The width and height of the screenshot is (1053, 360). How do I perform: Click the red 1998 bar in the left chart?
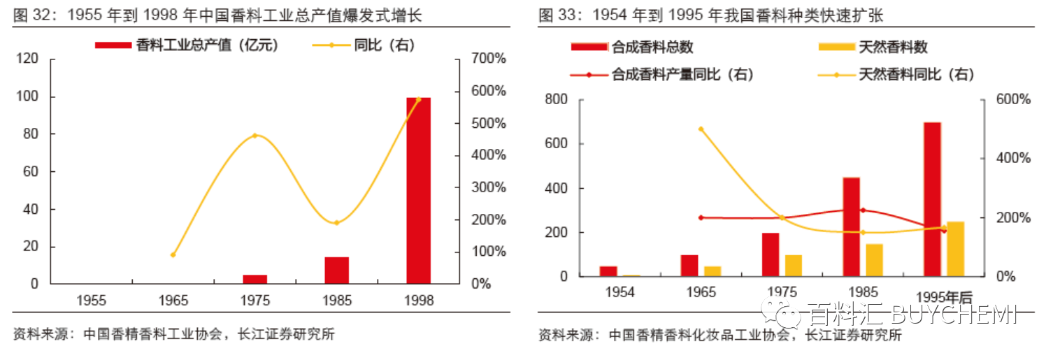(x=418, y=191)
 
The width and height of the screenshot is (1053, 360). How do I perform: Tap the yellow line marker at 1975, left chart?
(x=255, y=135)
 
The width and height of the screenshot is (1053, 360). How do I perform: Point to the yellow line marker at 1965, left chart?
(x=173, y=254)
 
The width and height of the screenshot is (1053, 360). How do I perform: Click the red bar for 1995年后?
(x=932, y=199)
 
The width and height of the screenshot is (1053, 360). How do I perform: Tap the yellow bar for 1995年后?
(x=955, y=249)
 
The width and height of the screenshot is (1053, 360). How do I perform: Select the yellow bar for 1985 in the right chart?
(x=874, y=260)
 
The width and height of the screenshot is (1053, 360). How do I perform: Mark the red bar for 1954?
(x=608, y=271)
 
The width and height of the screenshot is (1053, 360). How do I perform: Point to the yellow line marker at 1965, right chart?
(x=701, y=129)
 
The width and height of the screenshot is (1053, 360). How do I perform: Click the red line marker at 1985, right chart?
(x=863, y=210)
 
